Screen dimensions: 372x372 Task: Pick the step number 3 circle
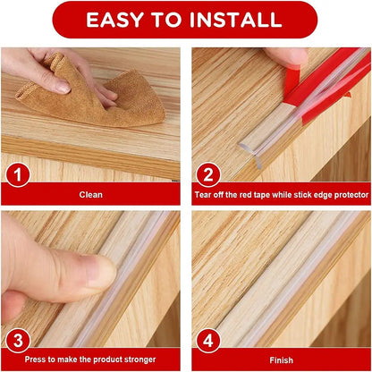coord(16,339)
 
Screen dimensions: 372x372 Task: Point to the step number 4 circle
coord(207,339)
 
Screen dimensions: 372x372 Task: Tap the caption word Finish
coord(281,360)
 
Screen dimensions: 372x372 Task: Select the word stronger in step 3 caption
coord(138,360)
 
